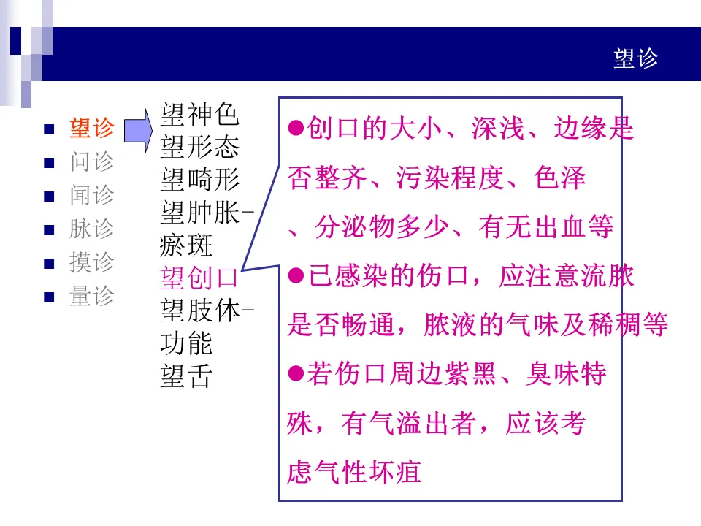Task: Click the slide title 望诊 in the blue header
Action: coord(636,58)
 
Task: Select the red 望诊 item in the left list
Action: coord(92,129)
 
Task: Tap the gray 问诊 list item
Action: coord(92,161)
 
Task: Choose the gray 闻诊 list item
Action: coord(92,195)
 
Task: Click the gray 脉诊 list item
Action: coord(92,229)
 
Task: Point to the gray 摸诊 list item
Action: coord(92,262)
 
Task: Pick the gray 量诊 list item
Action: coord(92,296)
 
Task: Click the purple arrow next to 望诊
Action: coord(138,129)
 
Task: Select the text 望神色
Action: coord(199,115)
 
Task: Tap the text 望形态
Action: coord(199,148)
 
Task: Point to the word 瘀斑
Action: coord(186,246)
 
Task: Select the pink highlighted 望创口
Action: coord(199,279)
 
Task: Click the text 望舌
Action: coord(186,377)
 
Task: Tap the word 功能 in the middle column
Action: coord(186,344)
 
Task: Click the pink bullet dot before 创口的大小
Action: coord(296,128)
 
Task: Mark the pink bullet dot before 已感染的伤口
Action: coord(296,275)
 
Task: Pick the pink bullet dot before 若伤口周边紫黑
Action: coord(296,374)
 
